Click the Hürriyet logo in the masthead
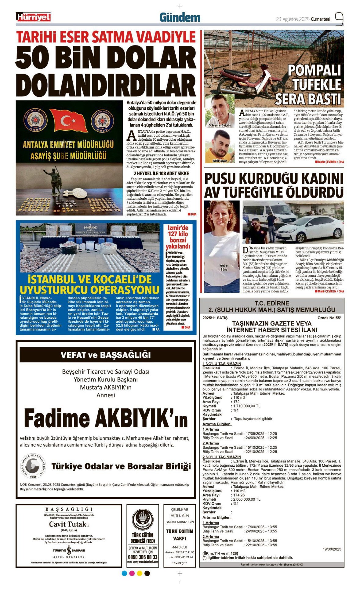pos(33,17)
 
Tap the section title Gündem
pos(180,18)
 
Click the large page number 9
pos(339,19)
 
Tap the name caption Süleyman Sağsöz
pos(220,125)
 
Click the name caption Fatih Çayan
pos(220,161)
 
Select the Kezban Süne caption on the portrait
pos(224,267)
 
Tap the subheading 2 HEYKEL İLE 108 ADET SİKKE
pos(162,173)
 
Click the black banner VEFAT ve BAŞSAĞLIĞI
pos(106,355)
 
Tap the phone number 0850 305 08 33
pos(143,557)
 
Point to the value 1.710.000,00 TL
pos(247,406)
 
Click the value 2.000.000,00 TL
pos(247,499)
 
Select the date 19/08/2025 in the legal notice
pos(332,549)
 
